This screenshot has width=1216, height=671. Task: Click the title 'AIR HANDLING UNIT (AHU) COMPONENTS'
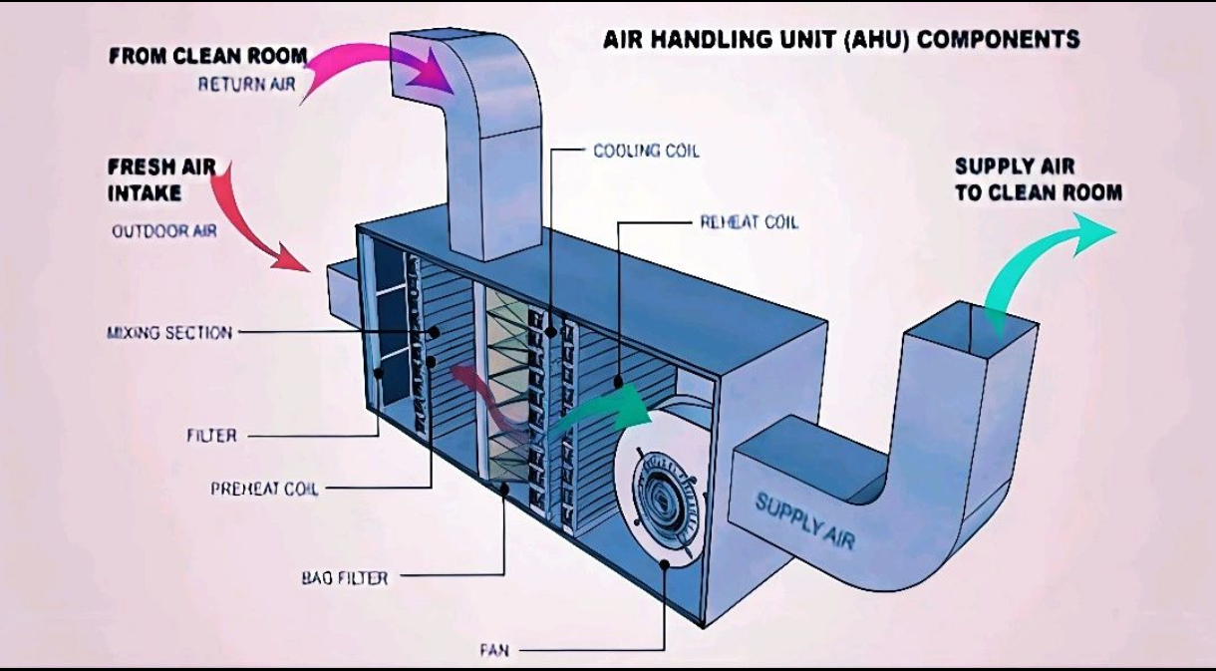click(x=841, y=40)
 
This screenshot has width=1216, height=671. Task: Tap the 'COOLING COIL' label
click(x=646, y=152)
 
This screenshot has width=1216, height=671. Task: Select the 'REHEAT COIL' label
click(x=749, y=222)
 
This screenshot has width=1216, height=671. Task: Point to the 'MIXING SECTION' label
click(x=169, y=332)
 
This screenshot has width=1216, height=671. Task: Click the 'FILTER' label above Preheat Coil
click(x=211, y=436)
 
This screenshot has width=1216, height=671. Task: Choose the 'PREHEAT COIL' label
click(x=264, y=489)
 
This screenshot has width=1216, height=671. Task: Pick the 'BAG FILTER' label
click(x=344, y=577)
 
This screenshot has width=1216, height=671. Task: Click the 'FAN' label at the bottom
click(x=493, y=651)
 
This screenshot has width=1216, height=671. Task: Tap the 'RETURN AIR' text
click(x=246, y=85)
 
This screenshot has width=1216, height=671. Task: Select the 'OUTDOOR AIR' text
click(x=163, y=231)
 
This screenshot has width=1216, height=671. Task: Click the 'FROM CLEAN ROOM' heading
click(x=207, y=56)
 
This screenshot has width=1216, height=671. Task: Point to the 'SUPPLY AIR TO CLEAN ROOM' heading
click(x=1038, y=180)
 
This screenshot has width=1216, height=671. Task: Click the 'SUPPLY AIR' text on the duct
click(x=804, y=520)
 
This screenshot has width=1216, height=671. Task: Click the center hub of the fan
click(x=664, y=492)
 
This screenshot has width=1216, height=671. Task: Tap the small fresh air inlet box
click(x=339, y=288)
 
